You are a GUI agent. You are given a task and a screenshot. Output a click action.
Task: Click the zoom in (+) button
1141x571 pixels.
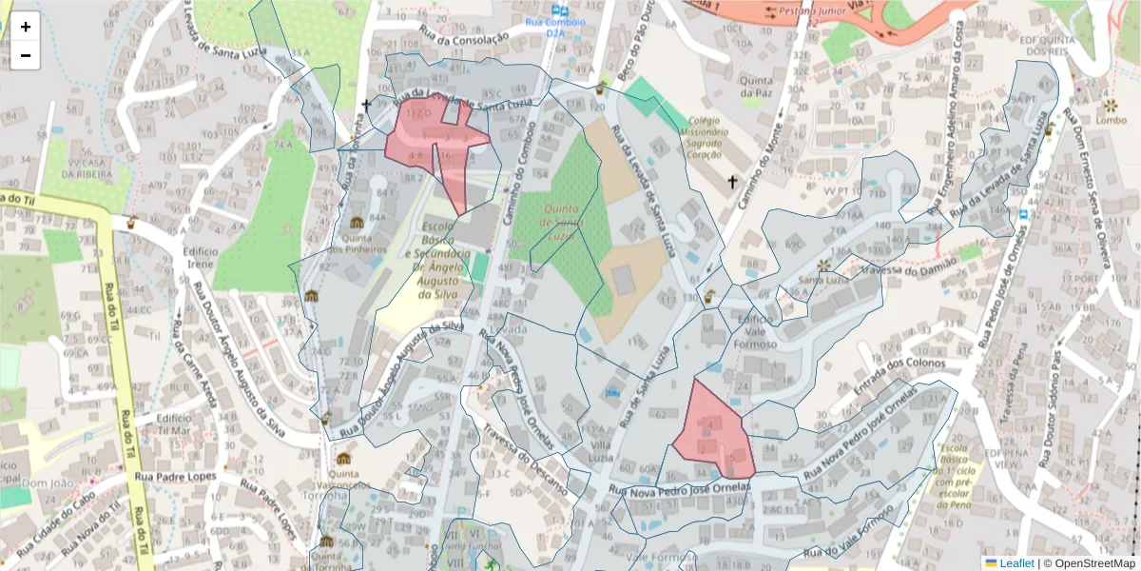[26, 27]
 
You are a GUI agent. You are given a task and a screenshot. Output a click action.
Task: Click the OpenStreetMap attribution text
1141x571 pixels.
[1089, 563]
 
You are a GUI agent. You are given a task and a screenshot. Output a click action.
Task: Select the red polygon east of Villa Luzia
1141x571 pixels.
[713, 433]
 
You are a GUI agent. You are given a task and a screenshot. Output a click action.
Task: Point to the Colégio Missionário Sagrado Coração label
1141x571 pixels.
[705, 137]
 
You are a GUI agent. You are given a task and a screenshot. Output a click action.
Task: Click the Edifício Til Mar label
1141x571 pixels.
[175, 424]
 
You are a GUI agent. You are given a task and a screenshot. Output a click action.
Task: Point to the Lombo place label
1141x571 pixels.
[1111, 120]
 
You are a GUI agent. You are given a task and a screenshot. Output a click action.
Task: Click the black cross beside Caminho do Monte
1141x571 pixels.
[732, 181]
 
